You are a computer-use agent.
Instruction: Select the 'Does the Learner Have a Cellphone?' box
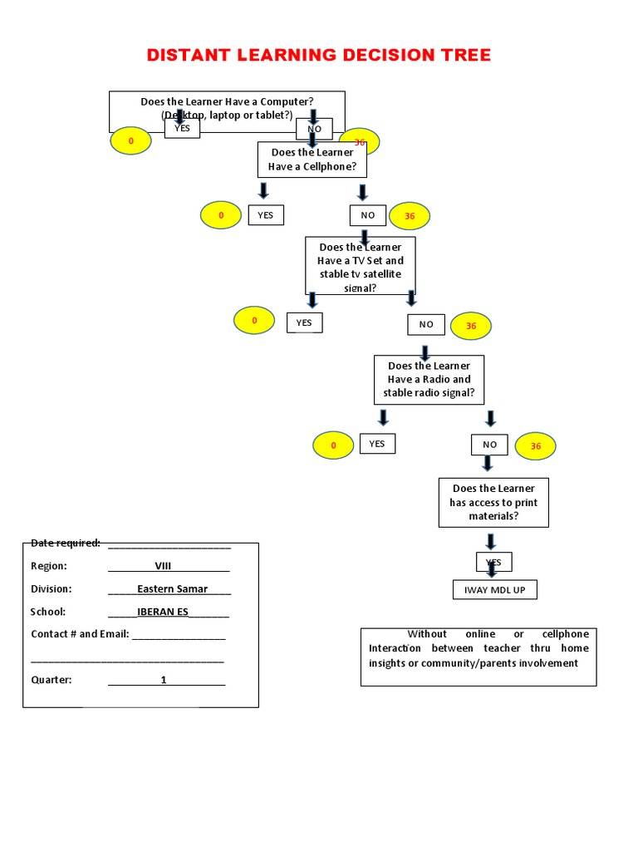(x=312, y=160)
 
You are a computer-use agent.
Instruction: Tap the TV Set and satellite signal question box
(x=361, y=267)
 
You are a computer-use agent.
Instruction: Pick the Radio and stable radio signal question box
(x=429, y=379)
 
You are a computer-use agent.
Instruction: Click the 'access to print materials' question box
(x=493, y=502)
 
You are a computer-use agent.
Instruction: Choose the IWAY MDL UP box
(x=494, y=590)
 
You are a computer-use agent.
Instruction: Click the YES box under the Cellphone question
(x=265, y=215)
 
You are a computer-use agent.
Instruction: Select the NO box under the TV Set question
(x=425, y=324)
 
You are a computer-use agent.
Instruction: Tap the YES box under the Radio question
(x=377, y=444)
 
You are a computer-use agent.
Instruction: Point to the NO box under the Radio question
(x=490, y=445)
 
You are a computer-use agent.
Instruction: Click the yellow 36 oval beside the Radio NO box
(x=536, y=446)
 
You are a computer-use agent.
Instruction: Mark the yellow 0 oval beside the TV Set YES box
(x=255, y=321)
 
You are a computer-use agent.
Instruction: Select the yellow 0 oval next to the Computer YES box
(x=130, y=141)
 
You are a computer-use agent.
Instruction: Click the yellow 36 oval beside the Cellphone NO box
(x=410, y=216)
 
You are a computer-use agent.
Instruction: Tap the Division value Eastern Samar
(x=173, y=588)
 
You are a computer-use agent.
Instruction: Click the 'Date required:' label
(x=66, y=543)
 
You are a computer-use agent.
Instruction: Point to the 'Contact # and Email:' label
(x=80, y=634)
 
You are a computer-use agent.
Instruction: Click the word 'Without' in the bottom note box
(x=427, y=634)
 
